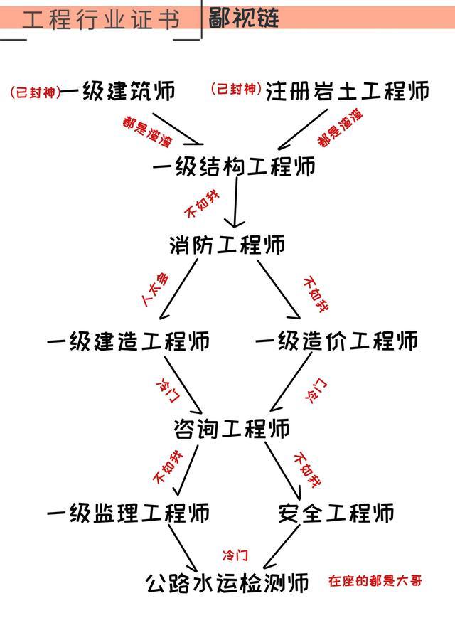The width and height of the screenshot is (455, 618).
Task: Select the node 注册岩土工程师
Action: (347, 91)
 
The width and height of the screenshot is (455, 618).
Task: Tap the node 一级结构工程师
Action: (234, 166)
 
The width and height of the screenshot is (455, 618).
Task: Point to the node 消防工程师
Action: (227, 245)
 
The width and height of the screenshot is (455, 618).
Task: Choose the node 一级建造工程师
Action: (129, 341)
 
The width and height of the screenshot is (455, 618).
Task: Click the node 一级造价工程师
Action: (337, 341)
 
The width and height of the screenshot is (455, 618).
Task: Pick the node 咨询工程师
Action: (232, 428)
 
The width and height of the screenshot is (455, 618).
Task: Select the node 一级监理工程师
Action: (129, 513)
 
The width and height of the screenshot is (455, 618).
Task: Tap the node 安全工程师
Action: (336, 513)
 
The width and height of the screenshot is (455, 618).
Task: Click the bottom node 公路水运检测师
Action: (227, 583)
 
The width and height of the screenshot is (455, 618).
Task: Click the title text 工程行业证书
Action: (101, 19)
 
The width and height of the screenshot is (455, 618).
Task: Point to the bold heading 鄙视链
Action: (244, 18)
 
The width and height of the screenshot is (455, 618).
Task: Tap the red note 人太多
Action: (156, 289)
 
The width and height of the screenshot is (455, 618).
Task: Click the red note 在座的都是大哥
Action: (375, 580)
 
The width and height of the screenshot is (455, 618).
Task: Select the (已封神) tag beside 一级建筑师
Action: (36, 92)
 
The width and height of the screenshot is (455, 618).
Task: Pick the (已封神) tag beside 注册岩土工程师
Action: (236, 89)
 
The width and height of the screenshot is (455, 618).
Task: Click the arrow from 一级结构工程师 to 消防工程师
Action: (235, 202)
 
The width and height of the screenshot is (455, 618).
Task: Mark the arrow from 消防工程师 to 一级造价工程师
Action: (279, 289)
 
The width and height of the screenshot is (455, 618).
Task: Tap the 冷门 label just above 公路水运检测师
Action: (235, 555)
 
